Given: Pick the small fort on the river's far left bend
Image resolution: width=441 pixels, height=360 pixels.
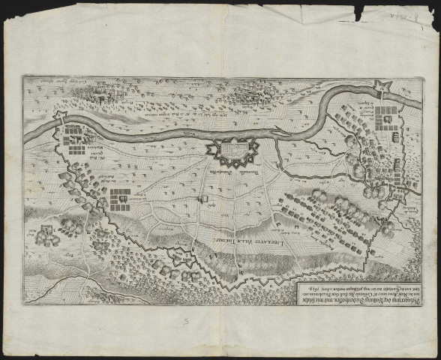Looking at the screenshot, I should pyautogui.click(x=61, y=118).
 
